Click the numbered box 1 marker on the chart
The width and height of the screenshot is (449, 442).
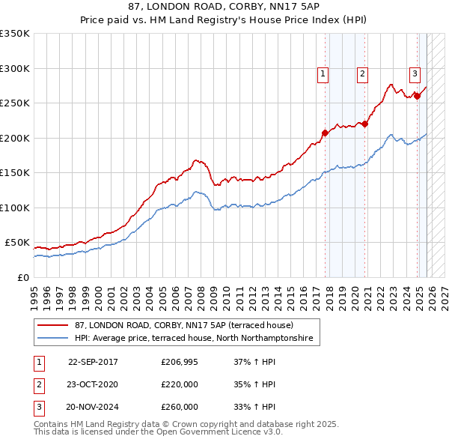(323, 73)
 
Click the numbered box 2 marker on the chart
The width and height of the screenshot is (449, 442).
(362, 73)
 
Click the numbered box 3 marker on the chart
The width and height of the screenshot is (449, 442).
(414, 73)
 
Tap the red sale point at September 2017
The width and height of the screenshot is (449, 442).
(325, 133)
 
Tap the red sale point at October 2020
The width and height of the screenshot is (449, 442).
(364, 124)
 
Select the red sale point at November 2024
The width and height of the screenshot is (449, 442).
(417, 96)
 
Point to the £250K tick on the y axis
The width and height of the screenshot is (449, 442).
(14, 103)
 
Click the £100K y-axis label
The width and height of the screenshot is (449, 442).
(14, 208)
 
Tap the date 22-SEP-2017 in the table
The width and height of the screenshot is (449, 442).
(93, 362)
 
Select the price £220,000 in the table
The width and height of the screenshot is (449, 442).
(180, 384)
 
